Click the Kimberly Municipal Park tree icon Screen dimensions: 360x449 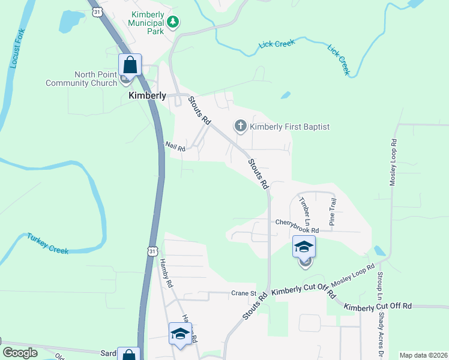click(x=173, y=22)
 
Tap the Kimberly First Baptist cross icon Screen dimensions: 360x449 click(x=240, y=126)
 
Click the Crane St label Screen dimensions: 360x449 click(x=244, y=293)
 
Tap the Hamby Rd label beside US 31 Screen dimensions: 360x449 click(x=166, y=272)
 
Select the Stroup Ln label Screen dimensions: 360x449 click(x=379, y=284)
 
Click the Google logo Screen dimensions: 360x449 click(x=20, y=353)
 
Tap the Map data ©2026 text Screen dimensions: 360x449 click(x=423, y=355)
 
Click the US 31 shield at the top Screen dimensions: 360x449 click(x=97, y=11)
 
